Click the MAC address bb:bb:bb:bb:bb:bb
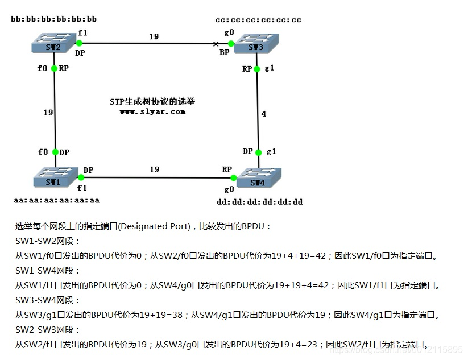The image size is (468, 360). point(53,19)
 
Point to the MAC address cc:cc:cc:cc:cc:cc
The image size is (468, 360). point(258,20)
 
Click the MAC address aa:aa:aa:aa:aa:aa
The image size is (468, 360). point(56,200)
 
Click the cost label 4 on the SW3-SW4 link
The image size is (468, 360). point(263,114)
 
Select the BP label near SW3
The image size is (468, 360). point(225,52)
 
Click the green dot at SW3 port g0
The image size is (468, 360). point(230,43)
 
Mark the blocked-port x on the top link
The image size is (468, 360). point(216,43)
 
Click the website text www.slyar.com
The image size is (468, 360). point(152,111)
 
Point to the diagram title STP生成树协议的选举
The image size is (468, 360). point(152,101)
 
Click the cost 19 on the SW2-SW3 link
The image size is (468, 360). point(154,36)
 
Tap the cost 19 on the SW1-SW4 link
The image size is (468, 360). point(154,169)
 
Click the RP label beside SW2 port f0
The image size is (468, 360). point(64,68)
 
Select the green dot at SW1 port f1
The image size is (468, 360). point(81,177)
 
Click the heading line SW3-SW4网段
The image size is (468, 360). point(48,300)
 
